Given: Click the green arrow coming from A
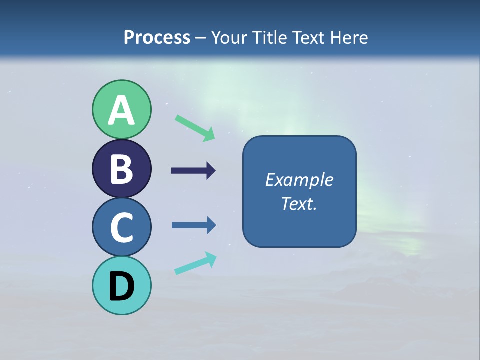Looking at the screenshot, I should click(x=195, y=128).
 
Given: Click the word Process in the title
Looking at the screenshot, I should click(x=157, y=37).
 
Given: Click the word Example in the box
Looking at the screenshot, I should click(x=299, y=180).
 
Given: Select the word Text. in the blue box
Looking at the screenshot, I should click(x=299, y=204).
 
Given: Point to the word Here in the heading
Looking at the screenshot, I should click(x=349, y=37).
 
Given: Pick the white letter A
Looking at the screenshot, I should click(x=121, y=111).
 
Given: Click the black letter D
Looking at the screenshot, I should click(x=121, y=287).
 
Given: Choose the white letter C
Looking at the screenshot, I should click(x=121, y=227).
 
